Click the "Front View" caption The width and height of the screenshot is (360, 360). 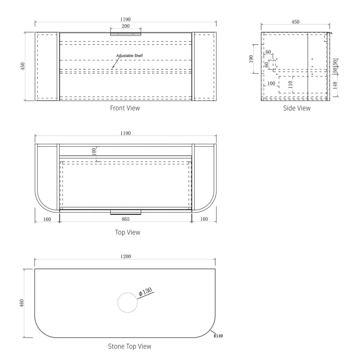[125, 108]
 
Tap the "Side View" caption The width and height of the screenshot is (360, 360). [297, 108]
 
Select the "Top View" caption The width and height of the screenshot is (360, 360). [127, 232]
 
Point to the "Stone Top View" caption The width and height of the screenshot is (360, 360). [130, 346]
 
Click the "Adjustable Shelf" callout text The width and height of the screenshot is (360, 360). [130, 56]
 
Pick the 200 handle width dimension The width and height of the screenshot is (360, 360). [126, 26]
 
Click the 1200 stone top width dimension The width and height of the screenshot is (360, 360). [126, 256]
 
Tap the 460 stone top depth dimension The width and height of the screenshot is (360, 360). [22, 303]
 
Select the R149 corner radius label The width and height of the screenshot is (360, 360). [218, 336]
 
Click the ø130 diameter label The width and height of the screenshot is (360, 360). [145, 292]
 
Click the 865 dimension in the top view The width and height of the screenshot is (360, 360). [126, 219]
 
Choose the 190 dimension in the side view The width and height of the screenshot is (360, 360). [251, 59]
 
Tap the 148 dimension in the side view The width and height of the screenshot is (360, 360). [335, 85]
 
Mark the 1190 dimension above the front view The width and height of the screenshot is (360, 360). [125, 19]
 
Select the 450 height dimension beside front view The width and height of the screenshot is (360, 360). [22, 66]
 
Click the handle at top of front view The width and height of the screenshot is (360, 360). [126, 34]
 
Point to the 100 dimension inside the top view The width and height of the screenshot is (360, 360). [94, 152]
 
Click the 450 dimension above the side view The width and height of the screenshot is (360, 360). [296, 22]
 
